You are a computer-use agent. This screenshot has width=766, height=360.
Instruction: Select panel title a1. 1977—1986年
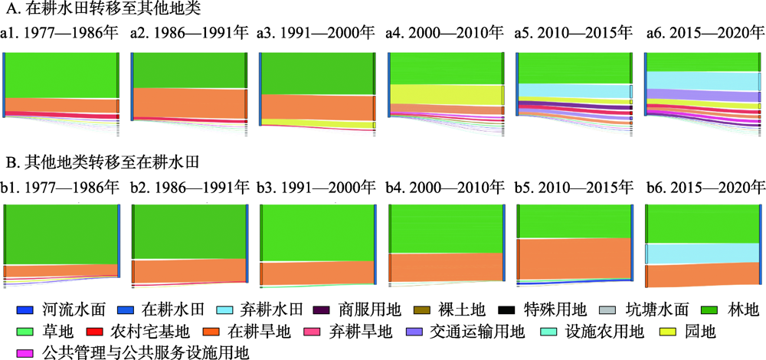pyautogui.click(x=61, y=34)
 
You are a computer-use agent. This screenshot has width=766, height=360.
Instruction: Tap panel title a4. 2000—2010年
pyautogui.click(x=445, y=34)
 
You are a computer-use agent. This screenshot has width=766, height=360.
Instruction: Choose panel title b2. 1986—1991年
pyautogui.click(x=189, y=185)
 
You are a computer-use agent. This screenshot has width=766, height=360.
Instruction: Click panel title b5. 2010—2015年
pyautogui.click(x=574, y=185)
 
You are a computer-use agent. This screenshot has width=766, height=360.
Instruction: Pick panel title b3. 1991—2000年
pyautogui.click(x=318, y=185)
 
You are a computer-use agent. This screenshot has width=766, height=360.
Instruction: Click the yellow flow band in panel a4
pyautogui.click(x=444, y=94)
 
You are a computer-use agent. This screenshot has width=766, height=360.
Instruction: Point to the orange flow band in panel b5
pyautogui.click(x=574, y=259)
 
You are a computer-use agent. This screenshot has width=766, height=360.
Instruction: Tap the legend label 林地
pyautogui.click(x=742, y=310)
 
